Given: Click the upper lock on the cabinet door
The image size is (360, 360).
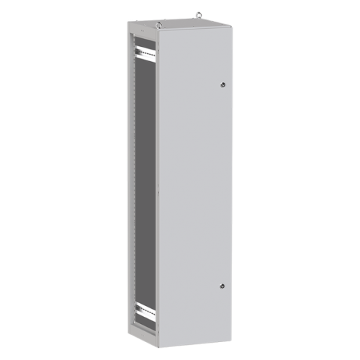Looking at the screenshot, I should (x=223, y=84).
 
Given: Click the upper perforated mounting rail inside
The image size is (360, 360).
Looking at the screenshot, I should (x=144, y=50).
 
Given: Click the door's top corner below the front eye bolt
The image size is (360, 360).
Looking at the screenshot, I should (x=158, y=31).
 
